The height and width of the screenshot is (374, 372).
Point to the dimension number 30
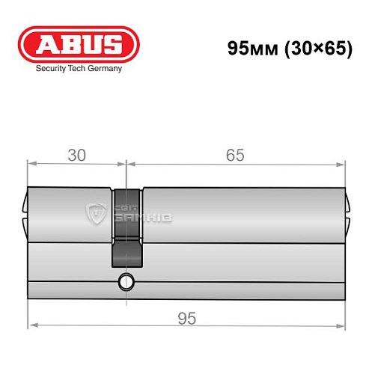pyautogui.click(x=76, y=156)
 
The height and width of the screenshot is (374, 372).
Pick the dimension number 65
pyautogui.click(x=234, y=156)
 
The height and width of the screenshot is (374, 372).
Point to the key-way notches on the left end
pyautogui.click(x=25, y=212)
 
